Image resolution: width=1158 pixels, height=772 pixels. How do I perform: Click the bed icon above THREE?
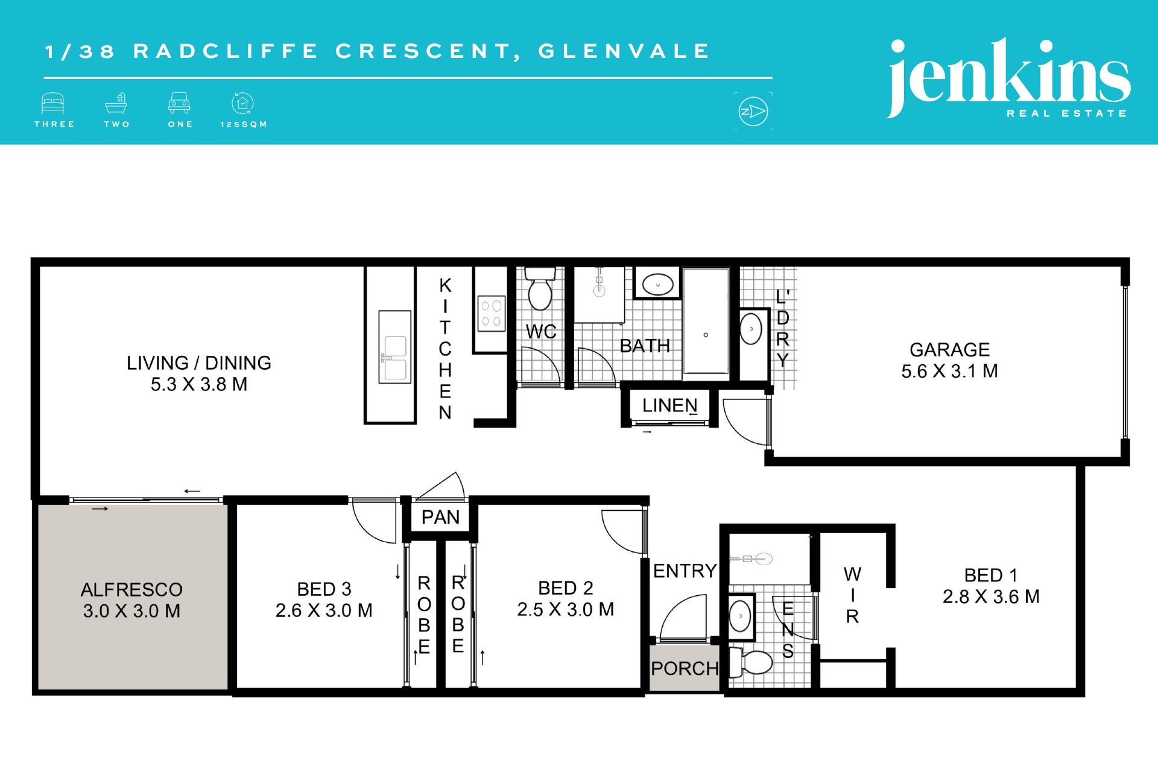53,103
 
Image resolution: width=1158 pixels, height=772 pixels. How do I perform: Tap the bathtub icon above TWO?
116,103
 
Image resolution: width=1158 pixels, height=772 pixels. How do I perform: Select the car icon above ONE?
179,103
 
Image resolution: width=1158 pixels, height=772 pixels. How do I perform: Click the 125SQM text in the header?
244,124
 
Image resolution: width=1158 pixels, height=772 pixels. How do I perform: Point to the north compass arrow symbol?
753,112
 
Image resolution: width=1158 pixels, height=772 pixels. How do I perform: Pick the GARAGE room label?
949,350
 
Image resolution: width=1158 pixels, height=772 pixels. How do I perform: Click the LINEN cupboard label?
669,405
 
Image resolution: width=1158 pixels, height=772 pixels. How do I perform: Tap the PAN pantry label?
440,517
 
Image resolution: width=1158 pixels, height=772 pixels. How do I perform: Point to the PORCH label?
685,668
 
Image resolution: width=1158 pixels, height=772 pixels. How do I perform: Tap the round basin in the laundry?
751,329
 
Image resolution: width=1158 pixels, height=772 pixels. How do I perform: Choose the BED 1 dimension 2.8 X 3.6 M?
991,597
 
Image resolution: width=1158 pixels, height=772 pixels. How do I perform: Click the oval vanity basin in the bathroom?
657,283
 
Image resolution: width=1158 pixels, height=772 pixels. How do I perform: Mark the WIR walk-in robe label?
852,595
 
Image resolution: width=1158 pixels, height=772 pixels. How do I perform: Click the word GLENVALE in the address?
624,51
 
